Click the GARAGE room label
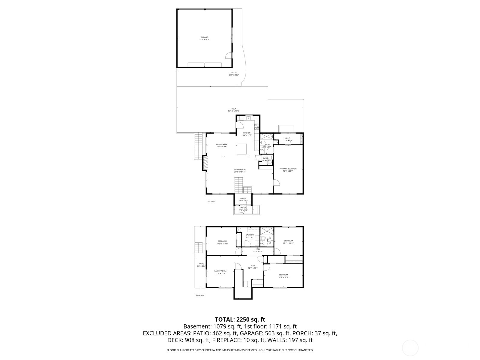[x=204, y=37]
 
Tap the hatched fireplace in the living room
[x=206, y=163]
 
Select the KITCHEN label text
[x=247, y=133]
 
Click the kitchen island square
[x=242, y=149]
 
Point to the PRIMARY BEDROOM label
[x=288, y=169]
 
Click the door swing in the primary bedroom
[x=276, y=182]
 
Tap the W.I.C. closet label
[x=288, y=138]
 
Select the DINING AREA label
[x=222, y=144]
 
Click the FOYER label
[x=243, y=198]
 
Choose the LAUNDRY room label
[x=250, y=235]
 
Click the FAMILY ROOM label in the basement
[x=220, y=271]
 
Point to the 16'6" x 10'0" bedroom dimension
[x=283, y=277]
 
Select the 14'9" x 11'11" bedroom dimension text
[x=222, y=244]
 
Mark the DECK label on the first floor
[x=234, y=109]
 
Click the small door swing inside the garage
[x=228, y=55]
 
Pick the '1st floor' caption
[x=211, y=202]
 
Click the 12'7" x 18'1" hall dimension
[x=253, y=268]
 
